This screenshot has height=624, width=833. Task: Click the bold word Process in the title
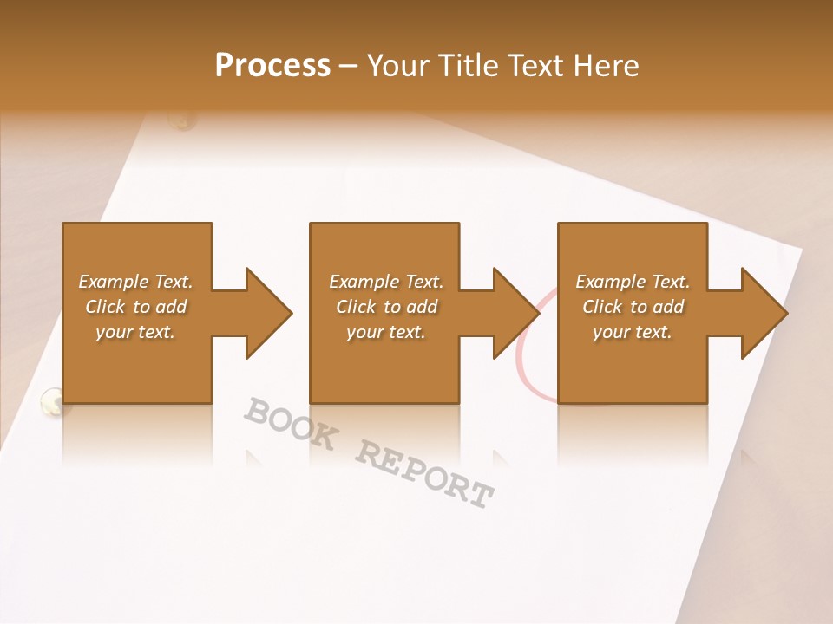tap(272, 66)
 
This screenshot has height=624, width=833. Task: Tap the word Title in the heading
tap(469, 66)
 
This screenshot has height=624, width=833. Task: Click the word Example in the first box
tap(113, 282)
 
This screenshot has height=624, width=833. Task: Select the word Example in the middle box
tap(364, 282)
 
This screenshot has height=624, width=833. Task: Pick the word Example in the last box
tap(610, 282)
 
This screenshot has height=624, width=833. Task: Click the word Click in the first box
tap(106, 307)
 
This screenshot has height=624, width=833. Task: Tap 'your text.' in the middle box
tap(385, 332)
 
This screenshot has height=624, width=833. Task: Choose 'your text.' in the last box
tap(632, 332)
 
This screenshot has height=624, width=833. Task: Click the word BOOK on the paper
tap(290, 425)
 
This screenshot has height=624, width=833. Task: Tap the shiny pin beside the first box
tap(51, 400)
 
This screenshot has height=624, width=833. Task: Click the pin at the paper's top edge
tap(183, 121)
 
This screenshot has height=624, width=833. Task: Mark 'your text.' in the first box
tap(134, 332)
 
